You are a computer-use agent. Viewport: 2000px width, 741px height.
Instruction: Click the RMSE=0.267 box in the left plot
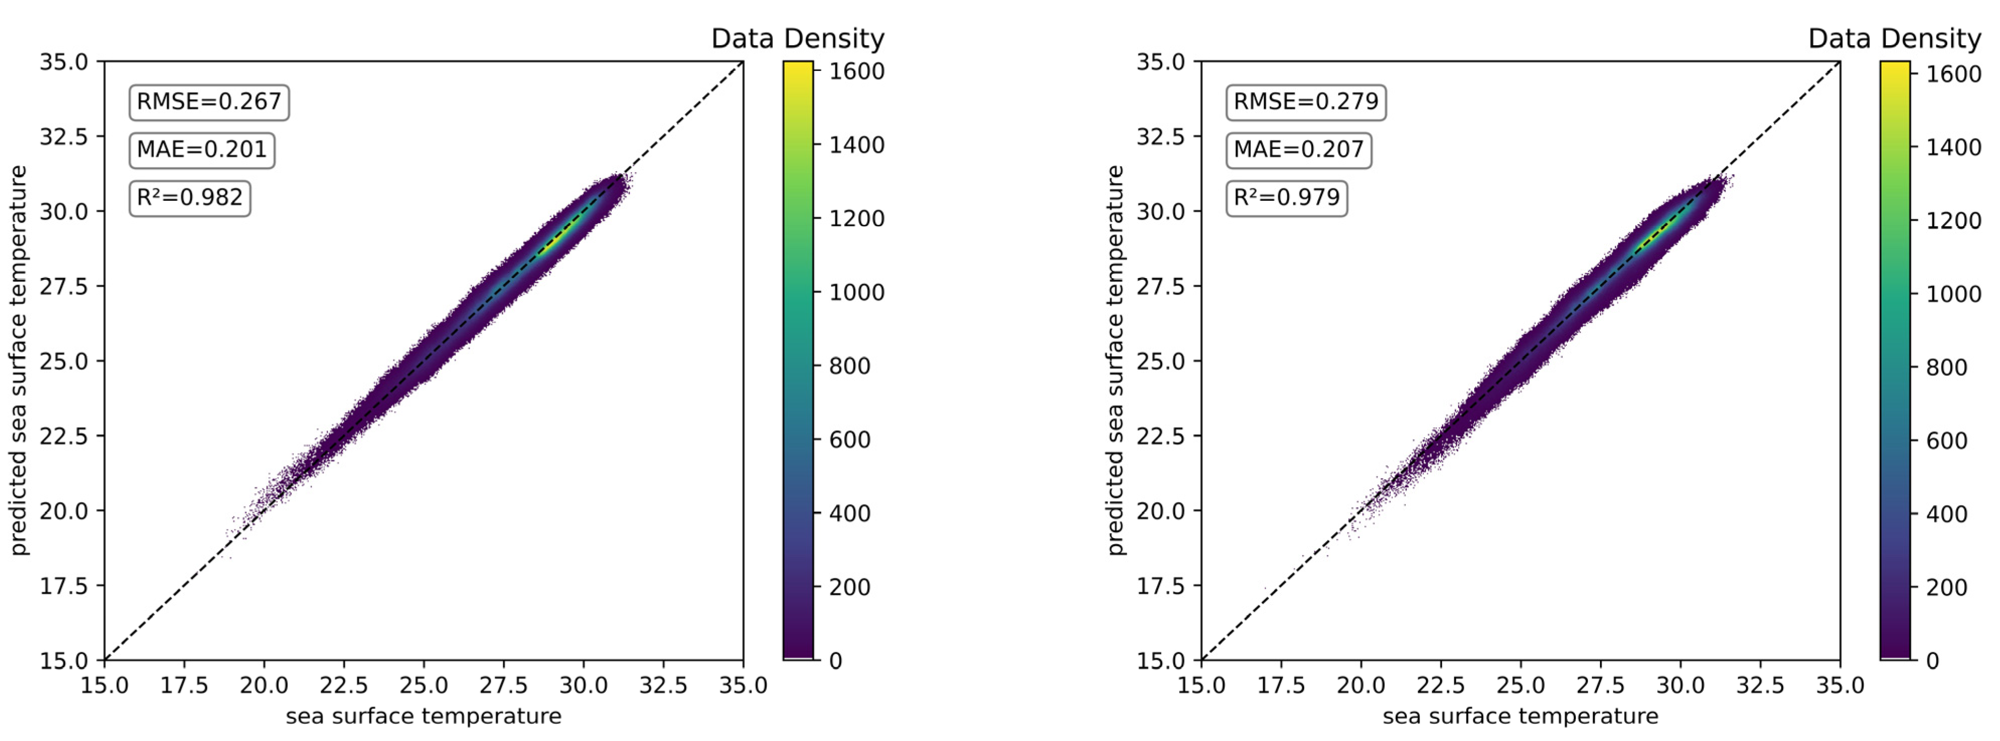[209, 102]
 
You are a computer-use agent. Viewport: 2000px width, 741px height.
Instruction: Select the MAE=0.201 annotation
[202, 149]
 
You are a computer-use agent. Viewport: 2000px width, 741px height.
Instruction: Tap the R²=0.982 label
[190, 197]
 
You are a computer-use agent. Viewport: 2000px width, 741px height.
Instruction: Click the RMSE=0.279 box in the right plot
[1306, 102]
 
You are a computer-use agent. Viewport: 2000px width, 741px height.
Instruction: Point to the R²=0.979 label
[1287, 197]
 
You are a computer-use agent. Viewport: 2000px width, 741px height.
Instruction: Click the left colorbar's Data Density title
[797, 38]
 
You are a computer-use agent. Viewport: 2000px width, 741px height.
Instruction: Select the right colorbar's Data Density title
[1894, 38]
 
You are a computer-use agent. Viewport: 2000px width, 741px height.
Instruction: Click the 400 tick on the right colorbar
[1947, 513]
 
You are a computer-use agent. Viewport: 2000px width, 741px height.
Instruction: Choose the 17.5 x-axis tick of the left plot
[184, 685]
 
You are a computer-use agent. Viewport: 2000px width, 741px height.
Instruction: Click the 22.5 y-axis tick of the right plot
[1161, 436]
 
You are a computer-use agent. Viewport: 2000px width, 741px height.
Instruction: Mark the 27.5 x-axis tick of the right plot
[1600, 685]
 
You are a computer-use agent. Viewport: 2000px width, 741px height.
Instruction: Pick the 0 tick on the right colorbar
[1933, 660]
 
